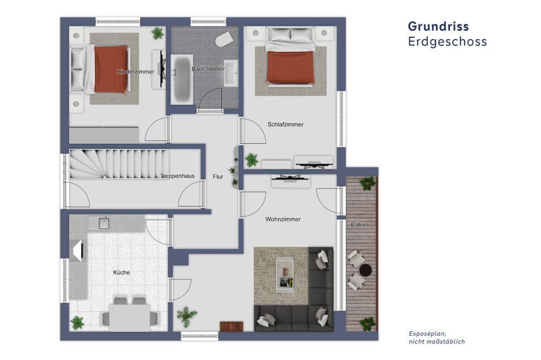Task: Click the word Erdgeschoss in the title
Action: [x=447, y=42]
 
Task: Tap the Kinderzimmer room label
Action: [x=136, y=71]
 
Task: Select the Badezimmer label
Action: [x=208, y=69]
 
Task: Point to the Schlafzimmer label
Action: [x=285, y=124]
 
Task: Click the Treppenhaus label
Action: [x=177, y=176]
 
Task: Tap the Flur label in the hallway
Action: [x=218, y=176]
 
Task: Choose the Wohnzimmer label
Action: [x=283, y=219]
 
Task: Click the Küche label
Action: [x=122, y=272]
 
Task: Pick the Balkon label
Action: [x=360, y=225]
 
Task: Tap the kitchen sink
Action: [x=100, y=223]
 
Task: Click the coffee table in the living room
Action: [x=285, y=273]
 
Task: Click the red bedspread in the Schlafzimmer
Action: [x=291, y=68]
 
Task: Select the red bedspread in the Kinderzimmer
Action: [x=111, y=69]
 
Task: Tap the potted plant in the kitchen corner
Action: [x=77, y=323]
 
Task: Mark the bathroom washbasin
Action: [x=232, y=74]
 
